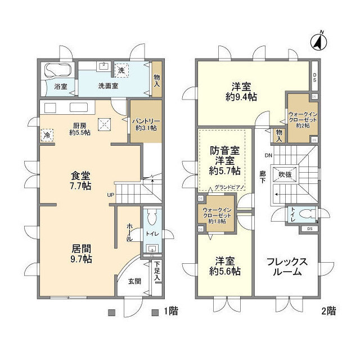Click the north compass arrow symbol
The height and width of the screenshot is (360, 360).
tap(318, 41)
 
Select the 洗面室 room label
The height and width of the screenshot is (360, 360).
tap(108, 87)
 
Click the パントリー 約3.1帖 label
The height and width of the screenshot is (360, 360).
tap(146, 124)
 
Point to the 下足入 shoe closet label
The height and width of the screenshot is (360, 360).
tap(157, 271)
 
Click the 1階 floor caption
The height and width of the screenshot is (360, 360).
tap(170, 311)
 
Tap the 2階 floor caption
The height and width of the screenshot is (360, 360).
tap(328, 311)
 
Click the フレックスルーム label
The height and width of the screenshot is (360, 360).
tap(286, 267)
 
